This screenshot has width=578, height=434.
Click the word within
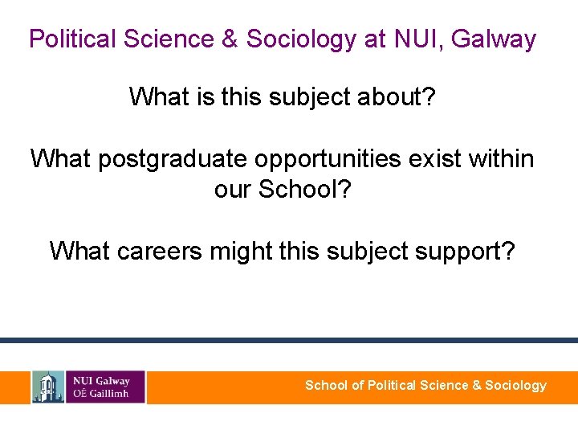tap(498, 158)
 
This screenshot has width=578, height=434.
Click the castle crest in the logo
tap(48, 387)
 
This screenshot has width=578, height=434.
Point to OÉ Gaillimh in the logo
tap(100, 394)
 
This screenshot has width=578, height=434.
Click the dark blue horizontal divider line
tap(289, 341)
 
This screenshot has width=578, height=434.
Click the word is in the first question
tap(204, 97)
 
